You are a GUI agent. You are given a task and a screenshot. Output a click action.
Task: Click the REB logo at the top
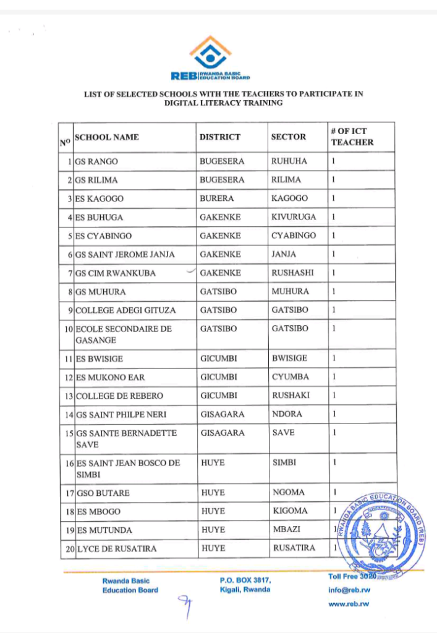(210, 59)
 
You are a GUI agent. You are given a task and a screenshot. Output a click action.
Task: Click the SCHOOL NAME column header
(107, 137)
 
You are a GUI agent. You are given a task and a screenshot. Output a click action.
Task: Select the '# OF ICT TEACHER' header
(352, 137)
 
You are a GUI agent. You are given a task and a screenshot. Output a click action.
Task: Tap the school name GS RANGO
(96, 161)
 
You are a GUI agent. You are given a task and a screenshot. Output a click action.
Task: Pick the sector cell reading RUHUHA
(289, 161)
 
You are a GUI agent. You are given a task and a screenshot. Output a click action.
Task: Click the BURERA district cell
(216, 198)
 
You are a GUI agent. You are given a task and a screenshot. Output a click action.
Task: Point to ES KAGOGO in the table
(100, 198)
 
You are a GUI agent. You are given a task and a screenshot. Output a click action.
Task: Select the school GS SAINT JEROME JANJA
(125, 254)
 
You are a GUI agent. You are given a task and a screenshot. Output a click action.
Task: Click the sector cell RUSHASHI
(292, 273)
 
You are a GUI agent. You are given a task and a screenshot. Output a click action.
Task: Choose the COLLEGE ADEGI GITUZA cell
(125, 310)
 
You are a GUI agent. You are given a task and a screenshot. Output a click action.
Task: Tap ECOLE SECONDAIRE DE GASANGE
(124, 334)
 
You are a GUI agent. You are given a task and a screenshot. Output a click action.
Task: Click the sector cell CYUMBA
(291, 376)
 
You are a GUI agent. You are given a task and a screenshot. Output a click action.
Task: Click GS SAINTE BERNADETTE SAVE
(127, 438)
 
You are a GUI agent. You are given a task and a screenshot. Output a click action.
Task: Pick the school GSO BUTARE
(99, 493)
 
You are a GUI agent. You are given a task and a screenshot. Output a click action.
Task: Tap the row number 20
(70, 548)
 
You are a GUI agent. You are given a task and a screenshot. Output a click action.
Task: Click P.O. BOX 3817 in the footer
(245, 580)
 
